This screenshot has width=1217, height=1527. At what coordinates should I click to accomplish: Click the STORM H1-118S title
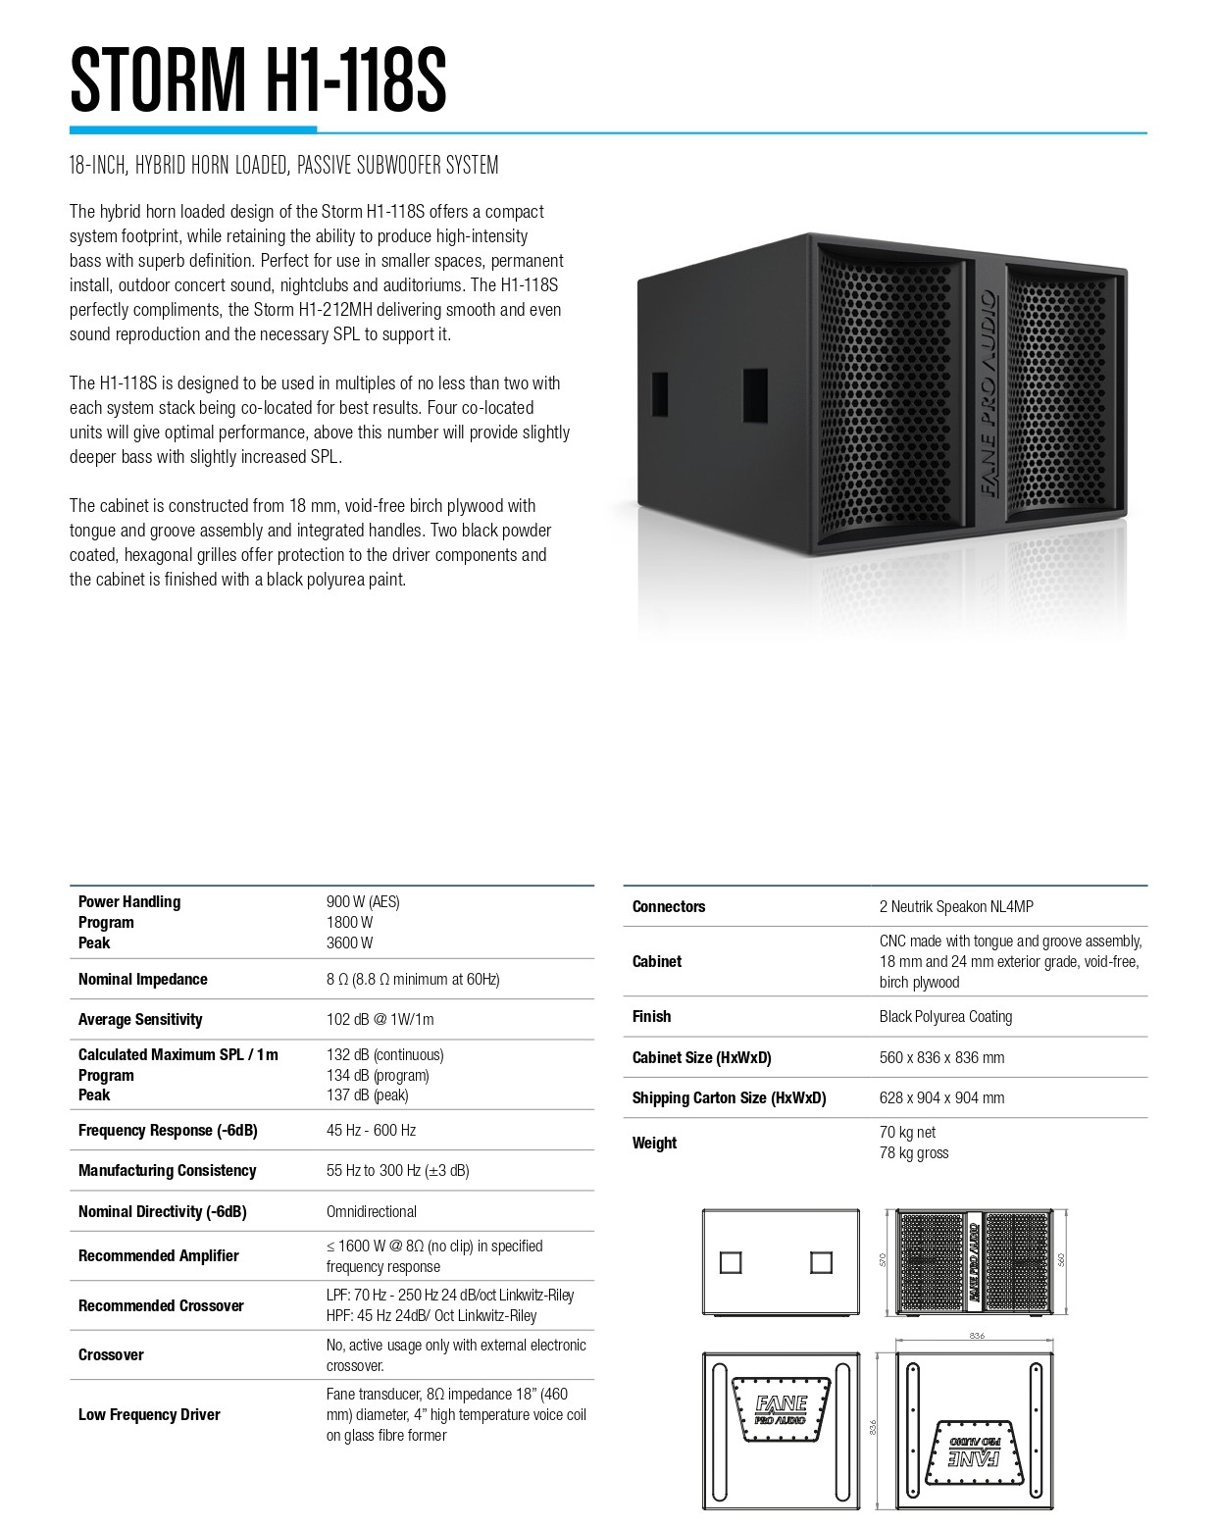click(258, 79)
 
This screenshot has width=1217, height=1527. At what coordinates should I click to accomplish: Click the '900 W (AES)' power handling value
click(363, 901)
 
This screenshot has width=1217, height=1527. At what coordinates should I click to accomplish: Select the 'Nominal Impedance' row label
click(142, 979)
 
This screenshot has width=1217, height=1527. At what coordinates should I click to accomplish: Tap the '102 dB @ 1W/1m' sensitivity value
click(380, 1019)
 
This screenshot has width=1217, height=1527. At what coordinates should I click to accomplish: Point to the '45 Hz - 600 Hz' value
click(371, 1130)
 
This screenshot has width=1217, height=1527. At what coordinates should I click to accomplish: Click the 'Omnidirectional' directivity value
click(371, 1211)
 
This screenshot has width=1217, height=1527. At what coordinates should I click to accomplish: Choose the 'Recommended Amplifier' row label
click(158, 1255)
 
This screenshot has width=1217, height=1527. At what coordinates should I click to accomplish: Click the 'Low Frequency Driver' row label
click(149, 1414)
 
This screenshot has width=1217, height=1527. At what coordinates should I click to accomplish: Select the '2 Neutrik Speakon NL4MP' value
click(956, 906)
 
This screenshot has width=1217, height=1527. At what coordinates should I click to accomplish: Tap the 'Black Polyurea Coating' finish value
click(945, 1016)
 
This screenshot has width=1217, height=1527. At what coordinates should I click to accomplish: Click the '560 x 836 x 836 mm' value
click(941, 1057)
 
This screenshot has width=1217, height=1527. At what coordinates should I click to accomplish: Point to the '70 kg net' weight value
click(908, 1132)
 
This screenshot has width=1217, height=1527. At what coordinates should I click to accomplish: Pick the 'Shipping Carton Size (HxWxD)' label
click(729, 1097)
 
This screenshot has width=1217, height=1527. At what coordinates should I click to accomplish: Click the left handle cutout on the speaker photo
click(658, 392)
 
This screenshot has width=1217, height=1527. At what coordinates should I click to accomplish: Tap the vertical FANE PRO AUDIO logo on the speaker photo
click(987, 392)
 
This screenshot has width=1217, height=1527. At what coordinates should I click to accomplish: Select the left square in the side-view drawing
click(731, 1262)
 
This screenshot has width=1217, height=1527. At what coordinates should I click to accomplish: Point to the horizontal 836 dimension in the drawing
click(976, 1336)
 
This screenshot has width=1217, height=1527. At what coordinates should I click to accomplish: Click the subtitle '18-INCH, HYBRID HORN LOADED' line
click(283, 165)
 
